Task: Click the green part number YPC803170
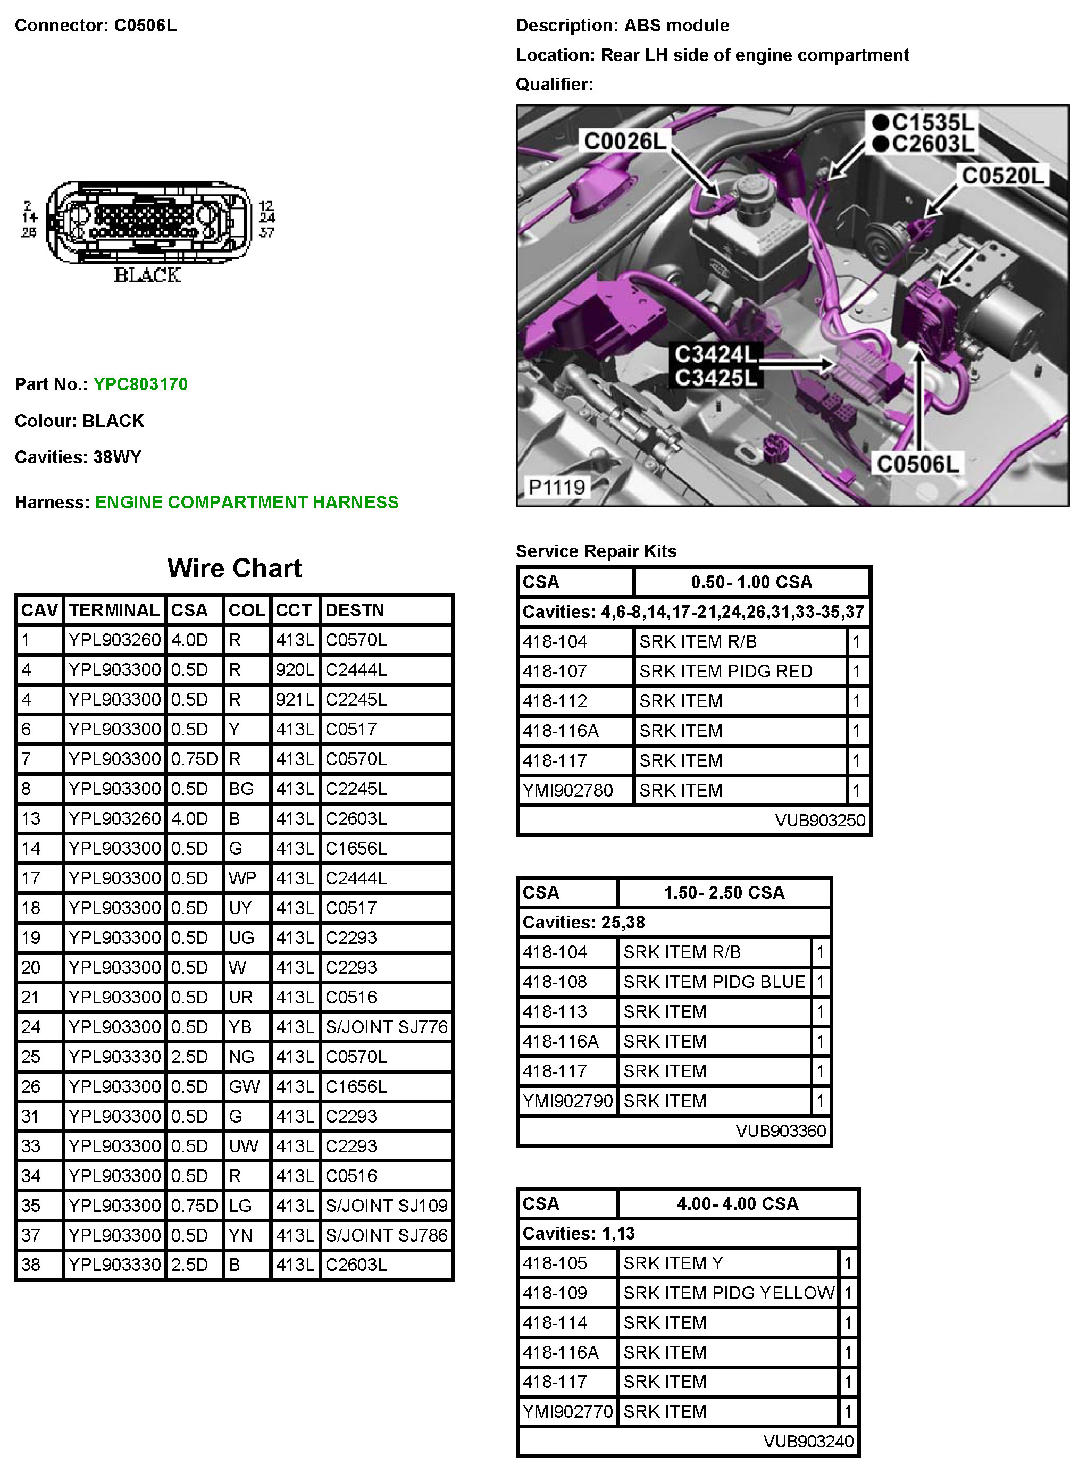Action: [x=140, y=384]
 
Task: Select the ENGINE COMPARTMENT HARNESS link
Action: [x=246, y=503]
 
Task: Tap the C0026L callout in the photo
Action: [x=624, y=140]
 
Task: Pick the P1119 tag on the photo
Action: [x=556, y=487]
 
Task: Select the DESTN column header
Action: [x=355, y=610]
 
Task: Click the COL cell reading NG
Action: [x=240, y=1057]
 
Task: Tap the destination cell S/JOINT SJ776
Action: [x=387, y=1027]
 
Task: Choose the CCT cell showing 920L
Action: [x=295, y=669]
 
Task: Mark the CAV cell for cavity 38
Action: [x=31, y=1265]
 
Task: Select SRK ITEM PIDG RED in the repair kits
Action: [x=725, y=672]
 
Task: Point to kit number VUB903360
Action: [x=781, y=1131]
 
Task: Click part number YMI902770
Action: [x=567, y=1411]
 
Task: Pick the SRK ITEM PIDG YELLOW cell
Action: [x=728, y=1293]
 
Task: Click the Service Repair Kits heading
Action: [x=596, y=551]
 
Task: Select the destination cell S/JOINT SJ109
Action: [x=387, y=1206]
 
